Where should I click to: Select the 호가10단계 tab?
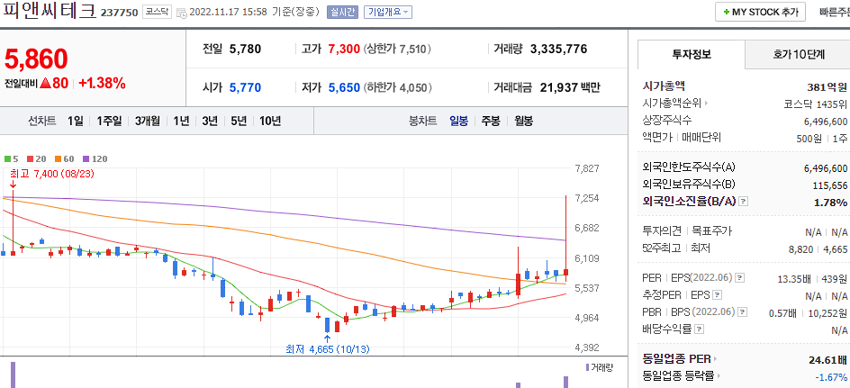pos(798,54)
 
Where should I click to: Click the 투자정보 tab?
pos(692,54)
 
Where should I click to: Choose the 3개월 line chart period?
pos(148,122)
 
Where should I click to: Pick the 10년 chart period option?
pos(270,122)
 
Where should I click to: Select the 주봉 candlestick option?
pos(491,122)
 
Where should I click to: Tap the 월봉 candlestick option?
pos(523,122)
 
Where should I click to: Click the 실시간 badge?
pos(341,13)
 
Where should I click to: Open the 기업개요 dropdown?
pos(387,13)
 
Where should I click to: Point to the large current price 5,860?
pos(36,59)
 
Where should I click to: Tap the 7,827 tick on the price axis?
pos(586,168)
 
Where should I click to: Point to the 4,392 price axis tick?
pos(586,347)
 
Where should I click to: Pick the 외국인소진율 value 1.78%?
pos(829,203)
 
